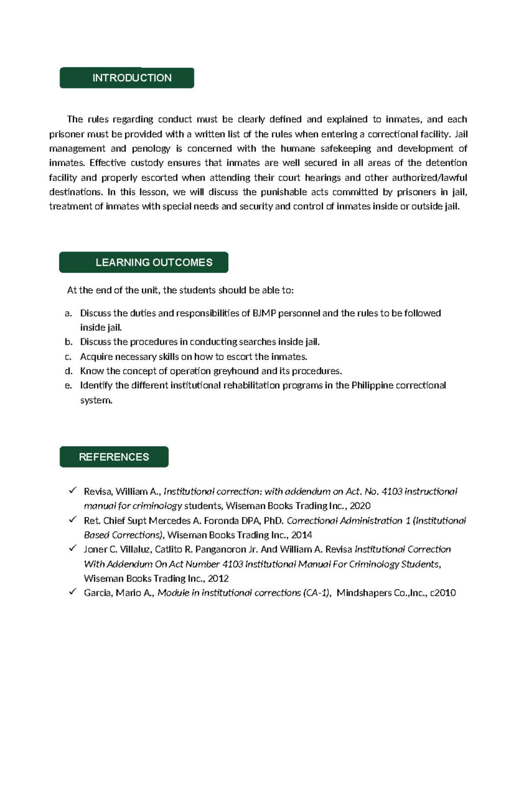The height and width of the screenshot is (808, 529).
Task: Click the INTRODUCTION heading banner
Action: pyautogui.click(x=127, y=78)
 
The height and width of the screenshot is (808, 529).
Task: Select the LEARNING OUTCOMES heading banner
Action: pyautogui.click(x=144, y=262)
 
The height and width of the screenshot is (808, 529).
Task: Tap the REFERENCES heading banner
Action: pyautogui.click(x=114, y=457)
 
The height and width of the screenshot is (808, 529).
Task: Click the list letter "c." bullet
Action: pyautogui.click(x=68, y=357)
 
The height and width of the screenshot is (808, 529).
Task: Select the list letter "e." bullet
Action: pyautogui.click(x=68, y=386)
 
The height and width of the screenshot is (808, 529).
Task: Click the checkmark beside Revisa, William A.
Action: pyautogui.click(x=73, y=490)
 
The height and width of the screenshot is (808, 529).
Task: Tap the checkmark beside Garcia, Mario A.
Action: pyautogui.click(x=73, y=591)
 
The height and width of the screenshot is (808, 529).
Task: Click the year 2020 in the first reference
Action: pyautogui.click(x=360, y=506)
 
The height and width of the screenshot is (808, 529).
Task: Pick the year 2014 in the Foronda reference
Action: pyautogui.click(x=302, y=535)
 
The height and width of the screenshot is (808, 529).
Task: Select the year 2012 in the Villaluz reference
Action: pyautogui.click(x=218, y=579)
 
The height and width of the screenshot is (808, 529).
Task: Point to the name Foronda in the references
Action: pyautogui.click(x=222, y=521)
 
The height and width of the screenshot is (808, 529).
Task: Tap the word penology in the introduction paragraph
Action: pyautogui.click(x=151, y=149)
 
